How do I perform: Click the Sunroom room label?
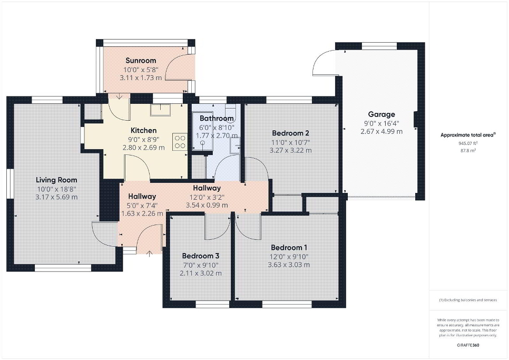141,61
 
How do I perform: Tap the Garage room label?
381,114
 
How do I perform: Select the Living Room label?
56,180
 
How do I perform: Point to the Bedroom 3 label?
201,256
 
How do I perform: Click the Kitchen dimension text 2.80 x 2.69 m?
143,148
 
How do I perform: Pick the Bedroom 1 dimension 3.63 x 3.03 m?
289,265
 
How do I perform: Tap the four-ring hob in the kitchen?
180,142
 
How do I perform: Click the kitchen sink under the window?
160,110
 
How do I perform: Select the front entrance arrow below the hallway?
150,254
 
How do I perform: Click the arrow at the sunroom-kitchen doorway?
120,96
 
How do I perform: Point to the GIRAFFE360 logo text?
468,345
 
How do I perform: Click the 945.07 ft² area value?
468,143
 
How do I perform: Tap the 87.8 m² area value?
467,151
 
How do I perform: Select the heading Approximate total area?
468,135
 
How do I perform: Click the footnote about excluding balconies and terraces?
468,300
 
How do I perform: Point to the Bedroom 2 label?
290,133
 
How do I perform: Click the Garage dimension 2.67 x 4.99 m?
381,131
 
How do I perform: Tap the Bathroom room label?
217,118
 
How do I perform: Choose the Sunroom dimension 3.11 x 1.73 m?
141,77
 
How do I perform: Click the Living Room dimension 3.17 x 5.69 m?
56,197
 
